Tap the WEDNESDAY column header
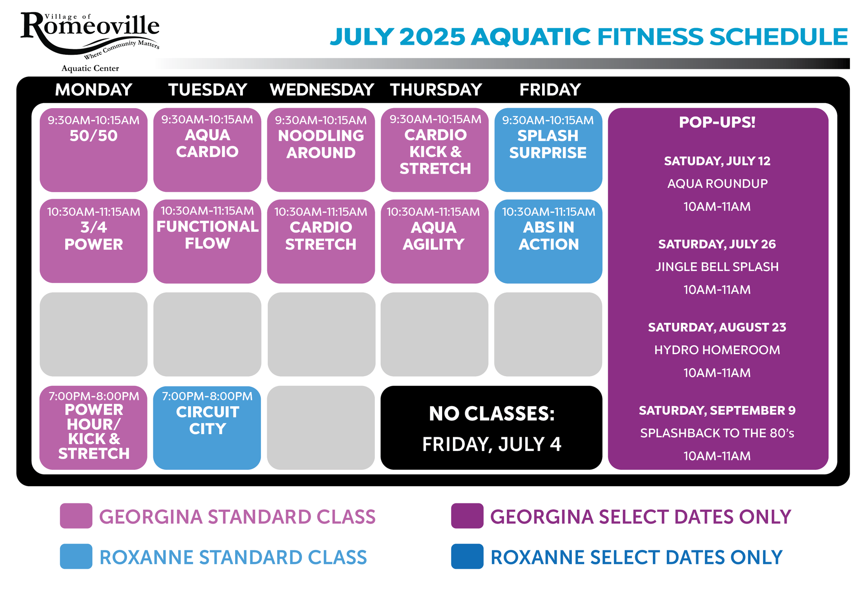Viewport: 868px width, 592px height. click(322, 90)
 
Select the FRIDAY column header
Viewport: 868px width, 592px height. click(550, 90)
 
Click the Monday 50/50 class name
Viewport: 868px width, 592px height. click(94, 136)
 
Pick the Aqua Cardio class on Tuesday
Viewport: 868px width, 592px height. click(208, 150)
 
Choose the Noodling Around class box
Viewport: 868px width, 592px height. click(321, 150)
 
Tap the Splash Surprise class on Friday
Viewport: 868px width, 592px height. click(548, 150)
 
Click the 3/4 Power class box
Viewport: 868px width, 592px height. click(94, 241)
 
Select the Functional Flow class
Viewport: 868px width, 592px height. click(208, 241)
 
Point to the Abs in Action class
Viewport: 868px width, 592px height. click(548, 241)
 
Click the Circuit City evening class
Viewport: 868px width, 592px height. click(207, 427)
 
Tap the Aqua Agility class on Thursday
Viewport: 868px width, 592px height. click(434, 241)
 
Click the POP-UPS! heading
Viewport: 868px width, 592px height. click(717, 122)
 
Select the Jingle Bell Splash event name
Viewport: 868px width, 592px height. click(717, 267)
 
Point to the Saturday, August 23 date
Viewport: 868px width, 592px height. click(717, 327)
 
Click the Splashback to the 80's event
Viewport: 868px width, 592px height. click(717, 433)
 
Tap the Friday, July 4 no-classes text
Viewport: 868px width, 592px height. click(492, 444)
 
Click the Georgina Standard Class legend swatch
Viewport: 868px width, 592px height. click(76, 516)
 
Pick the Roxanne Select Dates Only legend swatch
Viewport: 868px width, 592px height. click(467, 556)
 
